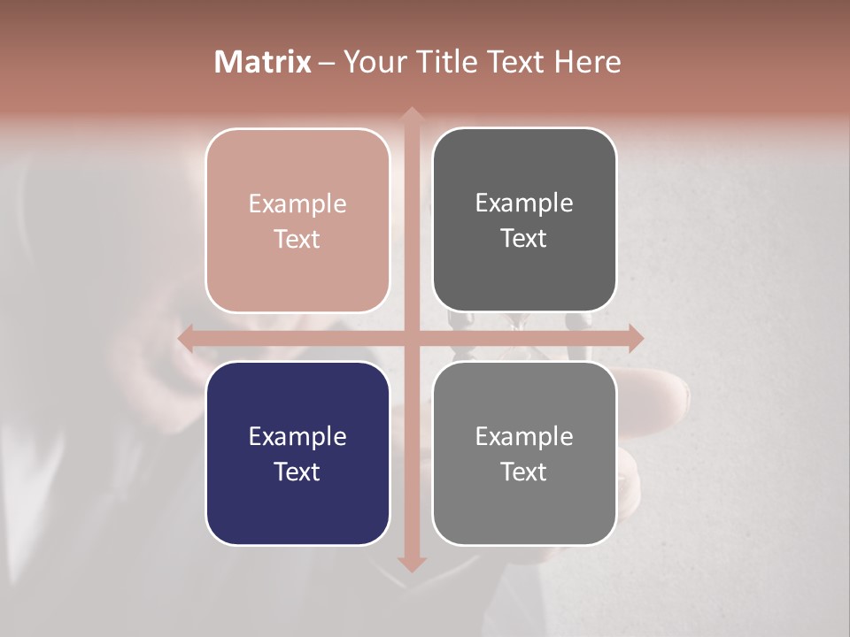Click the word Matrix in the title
(x=263, y=62)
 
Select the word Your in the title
(x=372, y=62)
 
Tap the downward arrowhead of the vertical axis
(x=411, y=564)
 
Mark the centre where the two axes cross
(x=411, y=338)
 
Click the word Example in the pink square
(x=297, y=204)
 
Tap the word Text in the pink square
(x=297, y=239)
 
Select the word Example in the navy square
(x=297, y=437)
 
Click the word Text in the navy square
(x=297, y=472)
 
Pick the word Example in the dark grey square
(x=524, y=203)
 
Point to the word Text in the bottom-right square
(x=524, y=472)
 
